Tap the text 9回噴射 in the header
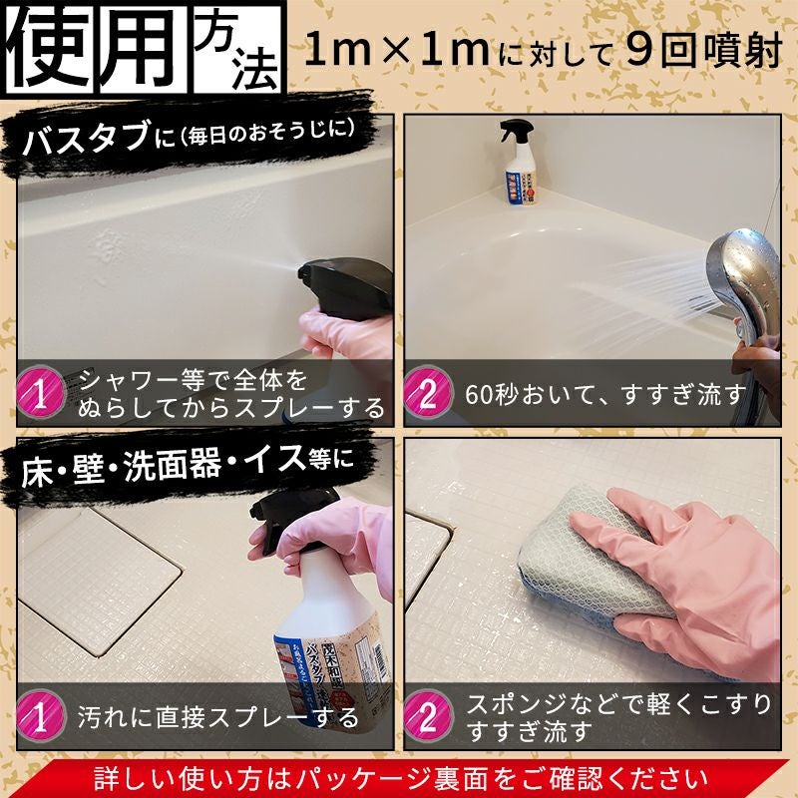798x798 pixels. tap(699, 50)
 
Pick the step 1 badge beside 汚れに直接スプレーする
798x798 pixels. tap(40, 715)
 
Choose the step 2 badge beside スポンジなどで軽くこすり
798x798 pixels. tap(427, 715)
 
